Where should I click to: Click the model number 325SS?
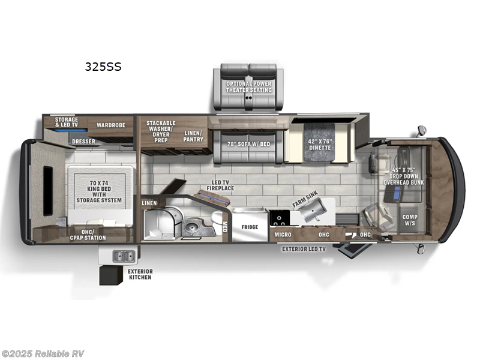(103, 67)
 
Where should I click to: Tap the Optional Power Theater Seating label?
(248, 86)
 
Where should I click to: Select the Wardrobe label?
(111, 125)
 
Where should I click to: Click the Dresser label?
(83, 142)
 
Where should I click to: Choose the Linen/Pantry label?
(194, 136)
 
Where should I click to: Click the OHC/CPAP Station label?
(89, 235)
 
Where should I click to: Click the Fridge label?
(250, 227)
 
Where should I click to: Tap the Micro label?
(283, 235)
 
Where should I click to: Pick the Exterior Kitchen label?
(140, 274)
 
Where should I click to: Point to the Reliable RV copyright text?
(43, 353)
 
